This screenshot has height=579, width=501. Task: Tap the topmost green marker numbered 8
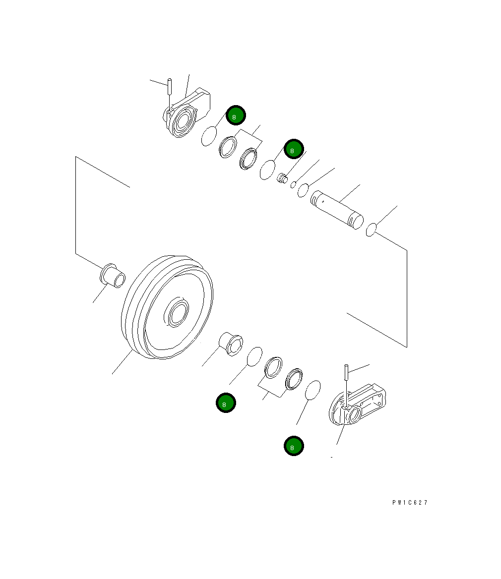(x=236, y=116)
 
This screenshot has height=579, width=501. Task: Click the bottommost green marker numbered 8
(x=294, y=446)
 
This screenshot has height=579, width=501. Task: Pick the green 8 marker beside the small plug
(x=293, y=149)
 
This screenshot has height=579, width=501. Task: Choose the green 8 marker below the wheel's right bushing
(x=226, y=404)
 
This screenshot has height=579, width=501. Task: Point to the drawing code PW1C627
(x=409, y=502)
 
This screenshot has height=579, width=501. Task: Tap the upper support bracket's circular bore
(x=185, y=121)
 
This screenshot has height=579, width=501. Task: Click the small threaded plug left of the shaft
(x=283, y=177)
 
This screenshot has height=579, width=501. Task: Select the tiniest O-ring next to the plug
(x=293, y=184)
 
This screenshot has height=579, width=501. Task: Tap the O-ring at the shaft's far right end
(x=370, y=230)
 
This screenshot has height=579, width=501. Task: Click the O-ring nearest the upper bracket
(x=209, y=136)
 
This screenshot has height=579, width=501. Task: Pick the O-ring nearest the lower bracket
(x=312, y=390)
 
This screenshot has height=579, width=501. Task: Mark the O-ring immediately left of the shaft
(x=303, y=190)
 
